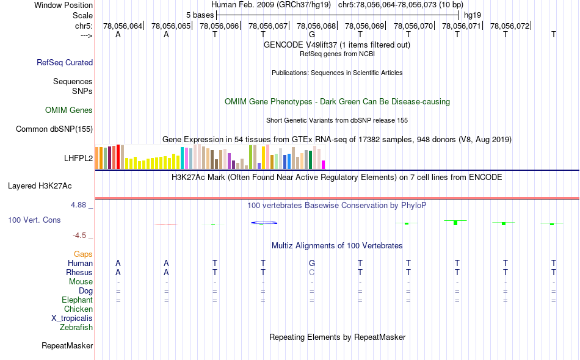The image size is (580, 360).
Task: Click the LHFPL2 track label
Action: (x=78, y=158)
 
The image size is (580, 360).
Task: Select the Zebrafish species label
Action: (x=76, y=328)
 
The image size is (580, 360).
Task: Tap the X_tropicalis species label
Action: (x=72, y=319)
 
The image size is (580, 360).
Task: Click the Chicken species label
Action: (x=78, y=309)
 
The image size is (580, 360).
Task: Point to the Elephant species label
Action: (x=77, y=300)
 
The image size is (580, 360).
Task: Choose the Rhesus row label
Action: (x=79, y=272)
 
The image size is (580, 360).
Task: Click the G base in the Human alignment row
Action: (x=312, y=263)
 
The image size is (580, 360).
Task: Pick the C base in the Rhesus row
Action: (x=312, y=272)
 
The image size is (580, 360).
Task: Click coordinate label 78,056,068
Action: (x=316, y=26)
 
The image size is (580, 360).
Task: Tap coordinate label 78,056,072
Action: (x=510, y=26)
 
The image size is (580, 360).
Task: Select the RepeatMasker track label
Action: (x=67, y=346)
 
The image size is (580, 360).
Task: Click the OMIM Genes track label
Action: (x=69, y=110)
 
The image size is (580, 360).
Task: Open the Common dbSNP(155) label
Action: (x=54, y=129)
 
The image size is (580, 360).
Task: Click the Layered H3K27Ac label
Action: (x=48, y=185)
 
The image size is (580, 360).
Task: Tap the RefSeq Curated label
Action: (x=65, y=62)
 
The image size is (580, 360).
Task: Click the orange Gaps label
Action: (x=83, y=254)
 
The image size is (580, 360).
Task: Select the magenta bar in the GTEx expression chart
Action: (x=324, y=164)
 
